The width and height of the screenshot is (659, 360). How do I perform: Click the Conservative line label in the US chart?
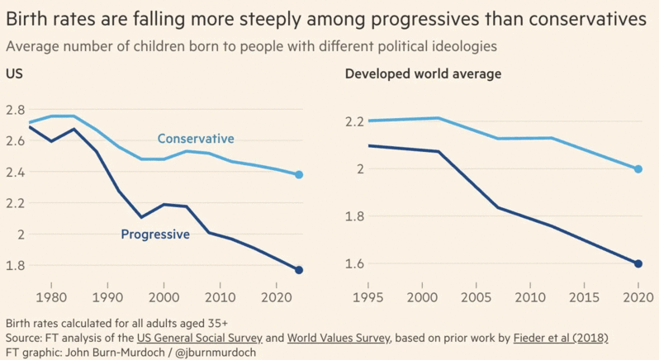tap(196, 139)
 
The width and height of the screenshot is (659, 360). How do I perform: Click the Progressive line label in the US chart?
tap(155, 234)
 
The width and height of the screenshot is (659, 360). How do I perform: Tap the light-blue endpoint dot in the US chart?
tap(299, 175)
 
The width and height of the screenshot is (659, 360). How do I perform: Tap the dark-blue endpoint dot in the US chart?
tap(299, 270)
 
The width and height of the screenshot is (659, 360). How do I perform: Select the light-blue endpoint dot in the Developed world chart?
tap(638, 169)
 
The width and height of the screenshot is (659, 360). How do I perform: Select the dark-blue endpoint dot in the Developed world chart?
tap(638, 264)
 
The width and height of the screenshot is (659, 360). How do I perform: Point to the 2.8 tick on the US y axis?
tap(15, 110)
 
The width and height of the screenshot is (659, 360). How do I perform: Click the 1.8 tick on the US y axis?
tap(15, 266)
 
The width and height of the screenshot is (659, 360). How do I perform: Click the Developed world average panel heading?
tap(423, 74)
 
